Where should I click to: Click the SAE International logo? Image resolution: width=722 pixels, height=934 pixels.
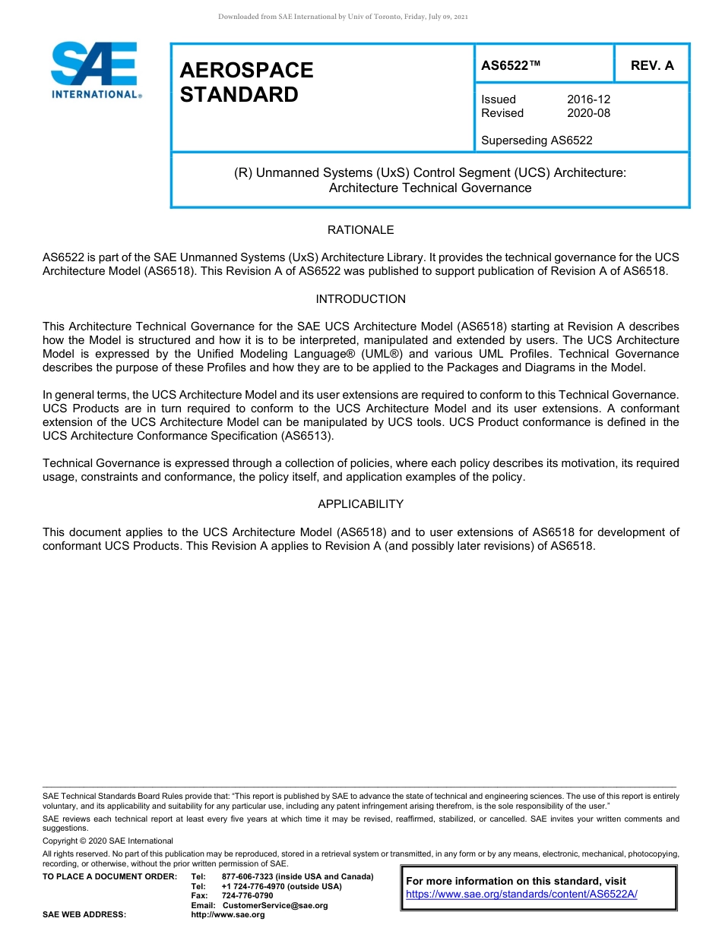(x=95, y=70)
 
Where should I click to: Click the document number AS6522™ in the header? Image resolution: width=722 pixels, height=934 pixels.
(x=511, y=65)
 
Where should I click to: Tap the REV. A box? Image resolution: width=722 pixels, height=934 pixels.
(x=652, y=65)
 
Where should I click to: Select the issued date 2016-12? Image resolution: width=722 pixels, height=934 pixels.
(x=588, y=99)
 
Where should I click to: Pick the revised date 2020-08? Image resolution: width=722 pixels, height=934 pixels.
(x=588, y=113)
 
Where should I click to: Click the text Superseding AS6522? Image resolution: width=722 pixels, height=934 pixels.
(x=537, y=140)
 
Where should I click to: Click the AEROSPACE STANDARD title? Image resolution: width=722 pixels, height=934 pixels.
(x=246, y=82)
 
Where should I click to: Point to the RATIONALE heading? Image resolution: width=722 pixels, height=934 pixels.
(x=360, y=230)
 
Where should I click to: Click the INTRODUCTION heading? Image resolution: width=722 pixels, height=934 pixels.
(x=360, y=299)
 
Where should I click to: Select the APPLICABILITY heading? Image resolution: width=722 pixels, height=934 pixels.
(x=360, y=504)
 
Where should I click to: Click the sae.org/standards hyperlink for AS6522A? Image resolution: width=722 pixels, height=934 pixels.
(x=521, y=895)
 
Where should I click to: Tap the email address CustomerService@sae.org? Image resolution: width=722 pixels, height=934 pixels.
(x=274, y=905)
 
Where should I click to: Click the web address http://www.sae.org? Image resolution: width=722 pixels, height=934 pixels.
(x=227, y=914)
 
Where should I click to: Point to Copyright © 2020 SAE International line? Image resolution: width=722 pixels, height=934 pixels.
(x=108, y=841)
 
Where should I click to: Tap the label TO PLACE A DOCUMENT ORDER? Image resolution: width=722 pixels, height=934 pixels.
(x=109, y=876)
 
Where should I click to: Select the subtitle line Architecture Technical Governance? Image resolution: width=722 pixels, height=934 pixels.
(x=430, y=188)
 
